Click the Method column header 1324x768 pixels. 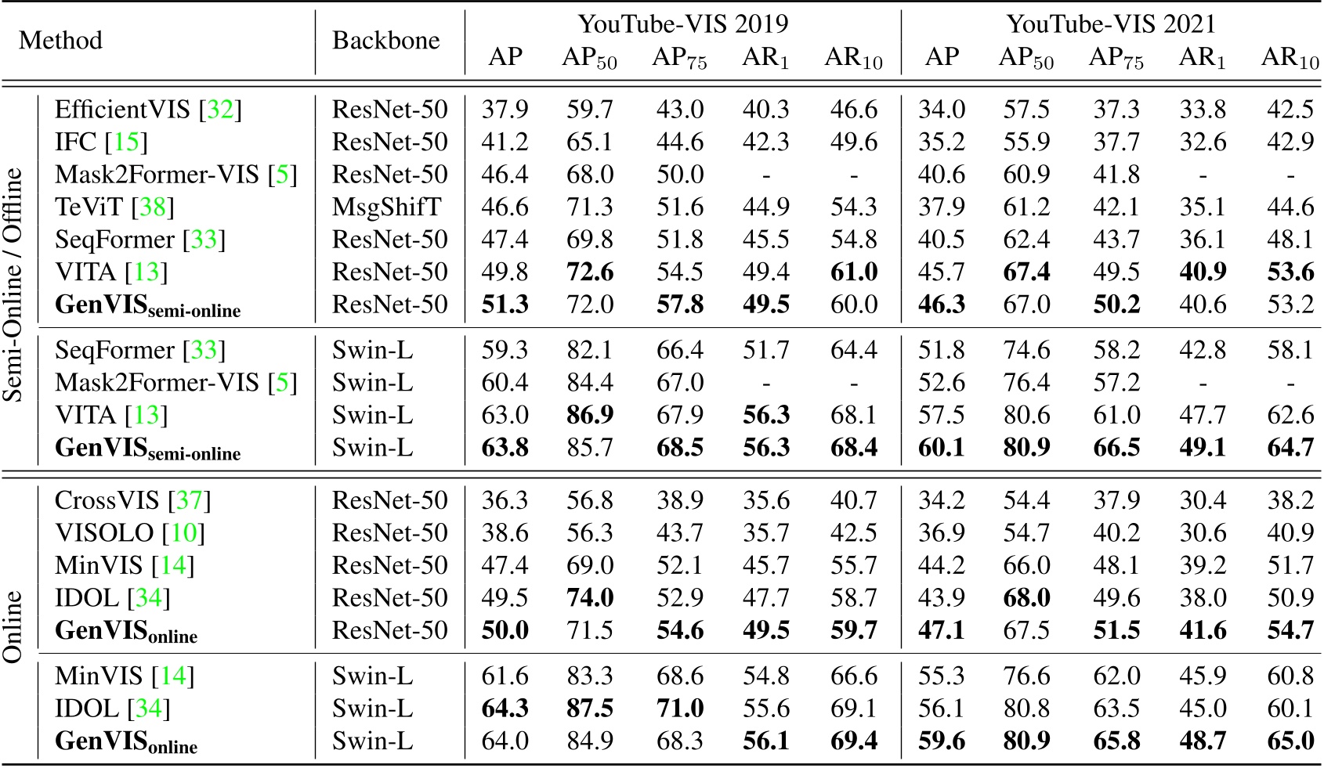(60, 40)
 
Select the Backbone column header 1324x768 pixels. (385, 40)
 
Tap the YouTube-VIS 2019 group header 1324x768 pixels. (682, 23)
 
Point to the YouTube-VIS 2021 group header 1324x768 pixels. (1111, 23)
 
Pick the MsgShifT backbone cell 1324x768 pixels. (386, 207)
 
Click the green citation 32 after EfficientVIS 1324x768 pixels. (220, 110)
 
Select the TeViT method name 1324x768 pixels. (89, 207)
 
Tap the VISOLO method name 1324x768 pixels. (104, 533)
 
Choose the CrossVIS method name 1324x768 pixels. (107, 500)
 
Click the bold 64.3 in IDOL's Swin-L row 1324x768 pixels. (505, 709)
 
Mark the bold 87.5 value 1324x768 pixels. (590, 709)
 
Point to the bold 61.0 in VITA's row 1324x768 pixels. (853, 272)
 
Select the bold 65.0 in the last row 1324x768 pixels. (1290, 741)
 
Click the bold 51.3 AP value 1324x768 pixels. (505, 305)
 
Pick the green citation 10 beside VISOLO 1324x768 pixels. (184, 533)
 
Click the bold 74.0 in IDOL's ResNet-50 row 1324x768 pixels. (590, 598)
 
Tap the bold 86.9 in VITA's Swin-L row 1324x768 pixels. (590, 415)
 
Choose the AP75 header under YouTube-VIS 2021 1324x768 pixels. (1116, 58)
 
